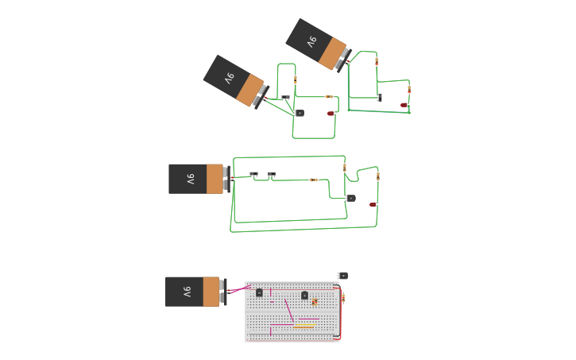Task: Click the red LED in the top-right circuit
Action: click(x=404, y=105)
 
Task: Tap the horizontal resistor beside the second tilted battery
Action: click(x=329, y=97)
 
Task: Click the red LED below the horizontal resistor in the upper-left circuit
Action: click(x=331, y=114)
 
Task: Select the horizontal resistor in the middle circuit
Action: click(x=314, y=180)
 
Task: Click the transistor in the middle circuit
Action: click(x=350, y=198)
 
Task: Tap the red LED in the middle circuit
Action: click(x=372, y=204)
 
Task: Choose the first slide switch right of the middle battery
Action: click(x=254, y=174)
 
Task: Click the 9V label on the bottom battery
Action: click(x=187, y=292)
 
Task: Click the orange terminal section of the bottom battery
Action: click(x=211, y=292)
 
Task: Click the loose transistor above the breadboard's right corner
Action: click(x=342, y=275)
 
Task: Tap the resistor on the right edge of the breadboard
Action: click(x=342, y=298)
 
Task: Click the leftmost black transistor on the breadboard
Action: click(x=259, y=292)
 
